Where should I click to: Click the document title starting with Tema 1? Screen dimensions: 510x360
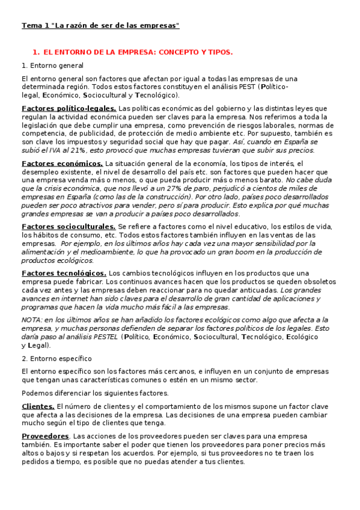tap(100, 26)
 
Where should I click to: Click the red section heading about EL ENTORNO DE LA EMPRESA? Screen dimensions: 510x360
tap(132, 52)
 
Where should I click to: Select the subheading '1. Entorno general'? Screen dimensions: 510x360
tap(52, 65)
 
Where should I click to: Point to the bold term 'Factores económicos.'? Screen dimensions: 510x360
tap(62, 163)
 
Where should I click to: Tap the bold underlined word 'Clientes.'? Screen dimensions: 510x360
tap(38, 407)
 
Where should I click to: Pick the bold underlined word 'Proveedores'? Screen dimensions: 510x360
tap(45, 435)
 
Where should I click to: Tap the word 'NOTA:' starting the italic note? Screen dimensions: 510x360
tap(32, 320)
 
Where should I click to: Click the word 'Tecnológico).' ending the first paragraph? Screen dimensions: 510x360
tap(157, 95)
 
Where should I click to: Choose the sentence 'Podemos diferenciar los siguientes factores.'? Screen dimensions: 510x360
tap(95, 393)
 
